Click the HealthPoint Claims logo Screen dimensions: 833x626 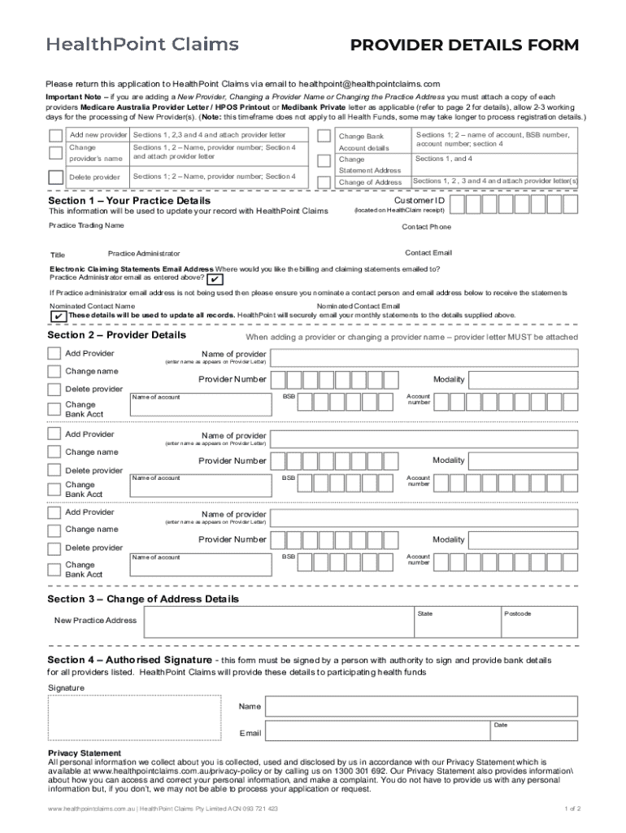click(142, 45)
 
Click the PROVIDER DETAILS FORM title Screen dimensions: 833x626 click(464, 46)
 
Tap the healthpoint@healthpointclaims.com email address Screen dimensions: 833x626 click(369, 84)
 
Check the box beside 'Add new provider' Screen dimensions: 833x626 click(55, 135)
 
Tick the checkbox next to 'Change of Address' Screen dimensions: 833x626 click(324, 182)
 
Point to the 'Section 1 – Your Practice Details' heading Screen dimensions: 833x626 click(129, 200)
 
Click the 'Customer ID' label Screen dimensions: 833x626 click(419, 200)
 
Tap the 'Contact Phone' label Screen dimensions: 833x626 click(426, 227)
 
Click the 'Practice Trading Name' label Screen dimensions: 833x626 click(86, 225)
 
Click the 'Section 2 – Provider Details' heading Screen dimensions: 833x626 click(117, 335)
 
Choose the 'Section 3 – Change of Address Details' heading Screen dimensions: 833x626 click(144, 600)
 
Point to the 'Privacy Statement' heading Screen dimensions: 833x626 click(85, 753)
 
